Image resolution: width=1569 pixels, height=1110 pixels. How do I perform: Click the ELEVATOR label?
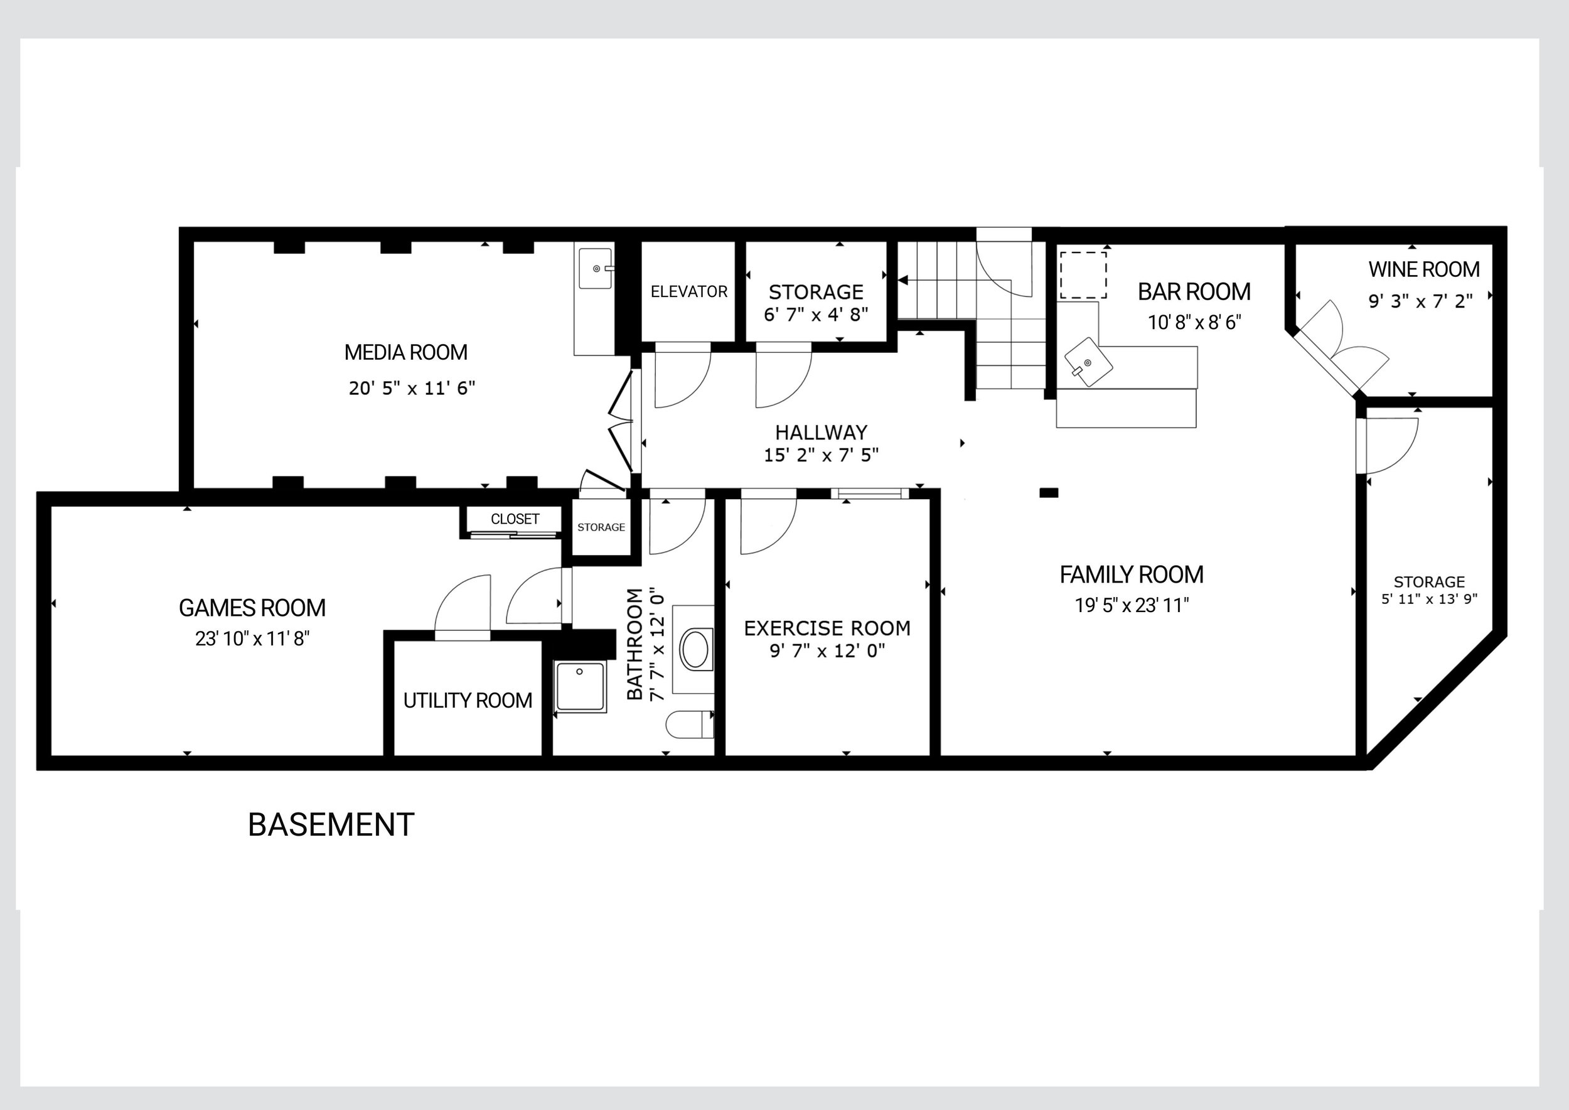click(689, 292)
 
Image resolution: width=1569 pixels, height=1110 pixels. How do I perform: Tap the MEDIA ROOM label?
click(406, 352)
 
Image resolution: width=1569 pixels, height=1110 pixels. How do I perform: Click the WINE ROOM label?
click(1424, 269)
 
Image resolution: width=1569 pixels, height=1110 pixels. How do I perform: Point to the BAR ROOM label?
click(1194, 292)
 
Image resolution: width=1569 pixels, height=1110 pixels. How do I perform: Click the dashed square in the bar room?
click(1084, 275)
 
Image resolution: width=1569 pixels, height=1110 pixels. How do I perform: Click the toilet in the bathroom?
click(690, 725)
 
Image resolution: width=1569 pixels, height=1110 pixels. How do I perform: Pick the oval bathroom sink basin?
click(695, 649)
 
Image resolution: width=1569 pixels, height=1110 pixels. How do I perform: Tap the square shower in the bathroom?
click(579, 686)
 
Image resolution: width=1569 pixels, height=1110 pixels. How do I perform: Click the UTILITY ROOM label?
click(468, 701)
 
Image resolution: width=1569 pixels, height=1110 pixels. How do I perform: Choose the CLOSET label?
click(515, 519)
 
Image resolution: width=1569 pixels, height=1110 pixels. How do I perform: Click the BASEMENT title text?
click(331, 825)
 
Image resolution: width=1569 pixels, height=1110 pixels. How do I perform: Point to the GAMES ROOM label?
click(252, 608)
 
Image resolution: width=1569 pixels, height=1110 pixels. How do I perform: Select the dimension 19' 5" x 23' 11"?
click(1132, 605)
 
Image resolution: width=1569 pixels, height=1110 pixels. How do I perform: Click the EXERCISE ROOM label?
click(827, 628)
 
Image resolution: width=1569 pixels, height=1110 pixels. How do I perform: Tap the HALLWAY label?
click(821, 432)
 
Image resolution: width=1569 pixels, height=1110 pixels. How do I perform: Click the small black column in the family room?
click(1049, 492)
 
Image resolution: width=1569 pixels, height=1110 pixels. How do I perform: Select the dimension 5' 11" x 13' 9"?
click(1429, 600)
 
